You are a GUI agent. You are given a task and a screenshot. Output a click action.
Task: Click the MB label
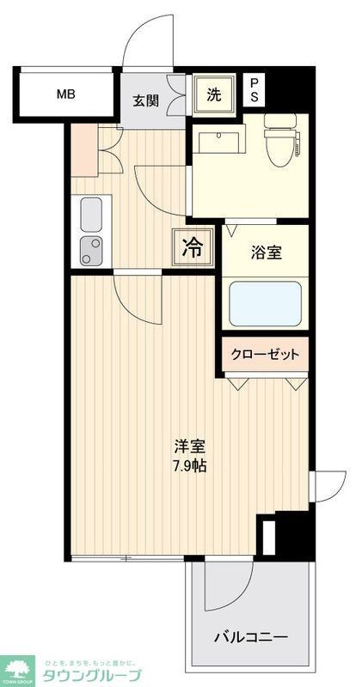click(x=65, y=94)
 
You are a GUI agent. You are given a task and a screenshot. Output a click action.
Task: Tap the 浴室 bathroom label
click(x=267, y=254)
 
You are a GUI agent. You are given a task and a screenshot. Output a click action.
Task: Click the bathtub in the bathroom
click(x=266, y=304)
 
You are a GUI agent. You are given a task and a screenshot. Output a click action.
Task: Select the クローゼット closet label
click(x=266, y=355)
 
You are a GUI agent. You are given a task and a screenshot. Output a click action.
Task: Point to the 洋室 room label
click(x=189, y=447)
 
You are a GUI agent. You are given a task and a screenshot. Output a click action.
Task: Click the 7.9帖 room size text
click(x=189, y=467)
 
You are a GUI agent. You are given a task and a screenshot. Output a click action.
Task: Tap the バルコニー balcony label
click(x=250, y=637)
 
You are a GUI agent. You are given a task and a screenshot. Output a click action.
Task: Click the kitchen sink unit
click(x=90, y=231)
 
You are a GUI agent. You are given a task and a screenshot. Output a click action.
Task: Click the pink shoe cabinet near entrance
click(x=85, y=147)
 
